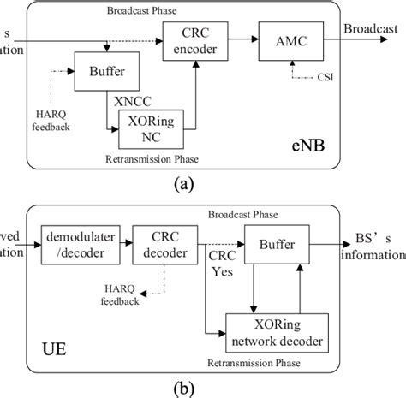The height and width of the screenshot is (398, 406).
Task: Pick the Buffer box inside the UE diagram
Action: tap(276, 243)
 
